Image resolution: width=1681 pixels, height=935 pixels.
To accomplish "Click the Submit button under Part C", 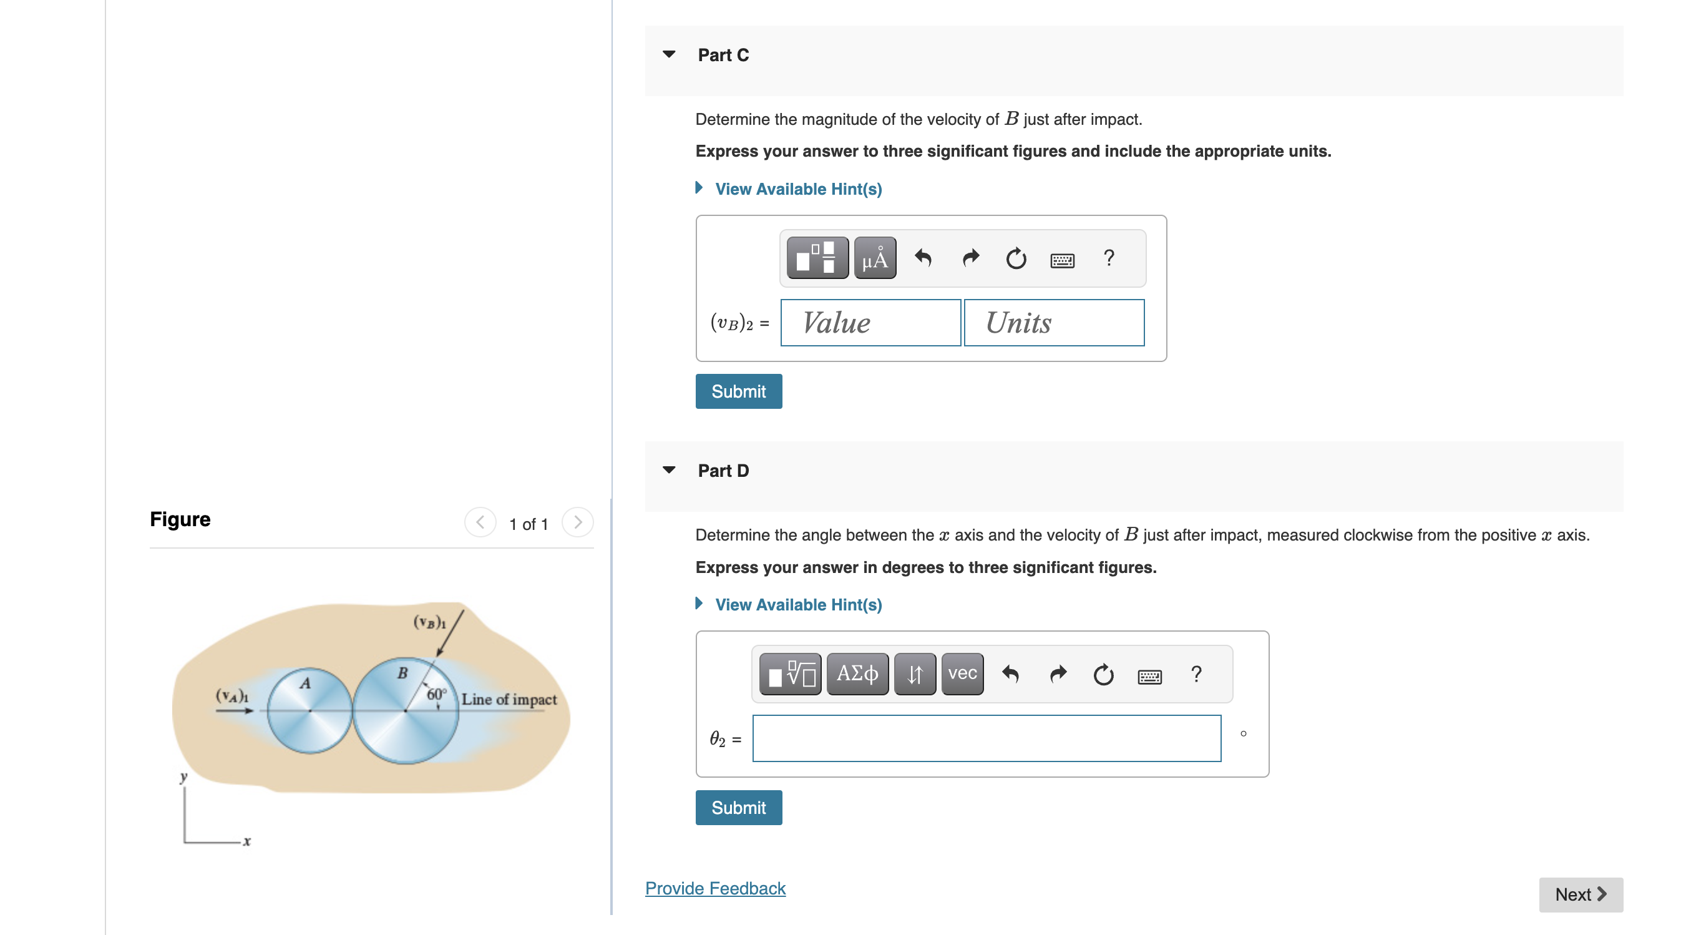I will (x=738, y=391).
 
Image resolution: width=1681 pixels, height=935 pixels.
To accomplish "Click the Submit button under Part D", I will (x=738, y=808).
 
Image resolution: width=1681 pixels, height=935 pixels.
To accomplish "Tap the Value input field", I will (x=870, y=323).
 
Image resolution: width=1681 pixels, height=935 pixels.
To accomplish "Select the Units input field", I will (x=1054, y=323).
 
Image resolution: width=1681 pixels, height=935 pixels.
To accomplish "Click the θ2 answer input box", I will (x=986, y=738).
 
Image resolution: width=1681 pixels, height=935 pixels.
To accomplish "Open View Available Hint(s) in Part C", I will (x=798, y=189).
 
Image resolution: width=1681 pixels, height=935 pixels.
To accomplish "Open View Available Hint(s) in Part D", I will (x=798, y=605).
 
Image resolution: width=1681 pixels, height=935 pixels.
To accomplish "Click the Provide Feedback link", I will (x=715, y=889).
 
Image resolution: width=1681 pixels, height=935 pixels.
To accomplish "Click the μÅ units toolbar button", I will (x=874, y=258).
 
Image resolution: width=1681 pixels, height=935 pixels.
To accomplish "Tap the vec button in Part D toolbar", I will (x=962, y=674).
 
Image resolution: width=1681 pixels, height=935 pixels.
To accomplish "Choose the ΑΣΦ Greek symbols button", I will (x=857, y=674).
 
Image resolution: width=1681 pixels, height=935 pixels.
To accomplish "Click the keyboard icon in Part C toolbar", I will (x=1062, y=260).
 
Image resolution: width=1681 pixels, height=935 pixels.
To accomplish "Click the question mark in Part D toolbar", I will (x=1196, y=674).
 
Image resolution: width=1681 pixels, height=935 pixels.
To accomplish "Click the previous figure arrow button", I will (x=480, y=523).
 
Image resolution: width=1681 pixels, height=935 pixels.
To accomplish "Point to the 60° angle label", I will (x=436, y=694).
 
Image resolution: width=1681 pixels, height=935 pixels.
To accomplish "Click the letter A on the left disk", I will (x=305, y=683).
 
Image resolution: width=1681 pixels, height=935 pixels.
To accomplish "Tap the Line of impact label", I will (x=509, y=699).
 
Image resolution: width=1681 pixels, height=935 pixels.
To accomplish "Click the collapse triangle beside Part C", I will (x=669, y=54).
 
